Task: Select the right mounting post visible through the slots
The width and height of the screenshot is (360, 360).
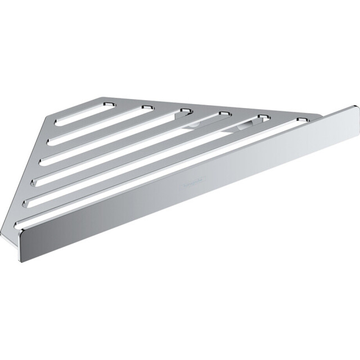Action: pos(244,126)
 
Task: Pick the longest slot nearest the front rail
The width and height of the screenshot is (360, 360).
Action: pos(157,174)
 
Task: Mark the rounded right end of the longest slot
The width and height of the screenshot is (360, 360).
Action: pos(301,119)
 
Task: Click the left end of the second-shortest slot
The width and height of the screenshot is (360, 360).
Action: pos(50,141)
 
